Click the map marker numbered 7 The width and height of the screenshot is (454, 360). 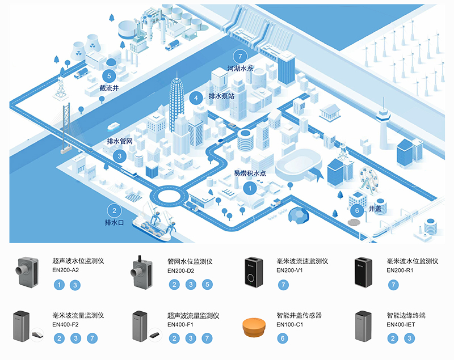pyautogui.click(x=240, y=57)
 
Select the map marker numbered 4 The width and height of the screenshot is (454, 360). pyautogui.click(x=196, y=98)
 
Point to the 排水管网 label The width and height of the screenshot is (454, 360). pyautogui.click(x=120, y=141)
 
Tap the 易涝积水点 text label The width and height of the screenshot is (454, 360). pyautogui.click(x=250, y=173)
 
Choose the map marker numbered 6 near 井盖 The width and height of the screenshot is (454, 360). pyautogui.click(x=356, y=210)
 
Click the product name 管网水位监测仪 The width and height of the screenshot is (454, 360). pyautogui.click(x=190, y=261)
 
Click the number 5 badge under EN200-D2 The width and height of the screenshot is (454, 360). pyautogui.click(x=208, y=285)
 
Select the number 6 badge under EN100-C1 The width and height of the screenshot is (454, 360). pyautogui.click(x=283, y=338)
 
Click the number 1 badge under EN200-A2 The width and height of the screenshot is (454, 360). pyautogui.click(x=59, y=285)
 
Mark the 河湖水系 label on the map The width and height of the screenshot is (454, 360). pyautogui.click(x=240, y=69)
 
